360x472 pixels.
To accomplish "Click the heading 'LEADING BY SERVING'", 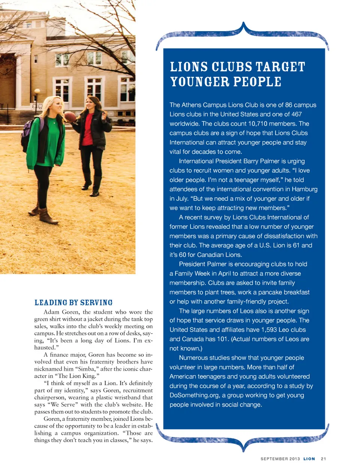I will (x=73, y=303).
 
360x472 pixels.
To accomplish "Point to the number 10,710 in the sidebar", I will (x=262, y=124).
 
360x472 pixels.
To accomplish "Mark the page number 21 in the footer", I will (x=323, y=459).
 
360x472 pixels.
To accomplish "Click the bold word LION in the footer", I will (x=309, y=459).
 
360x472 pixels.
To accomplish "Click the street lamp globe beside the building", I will (x=37, y=91).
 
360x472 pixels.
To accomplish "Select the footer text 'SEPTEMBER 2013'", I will (x=280, y=459).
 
